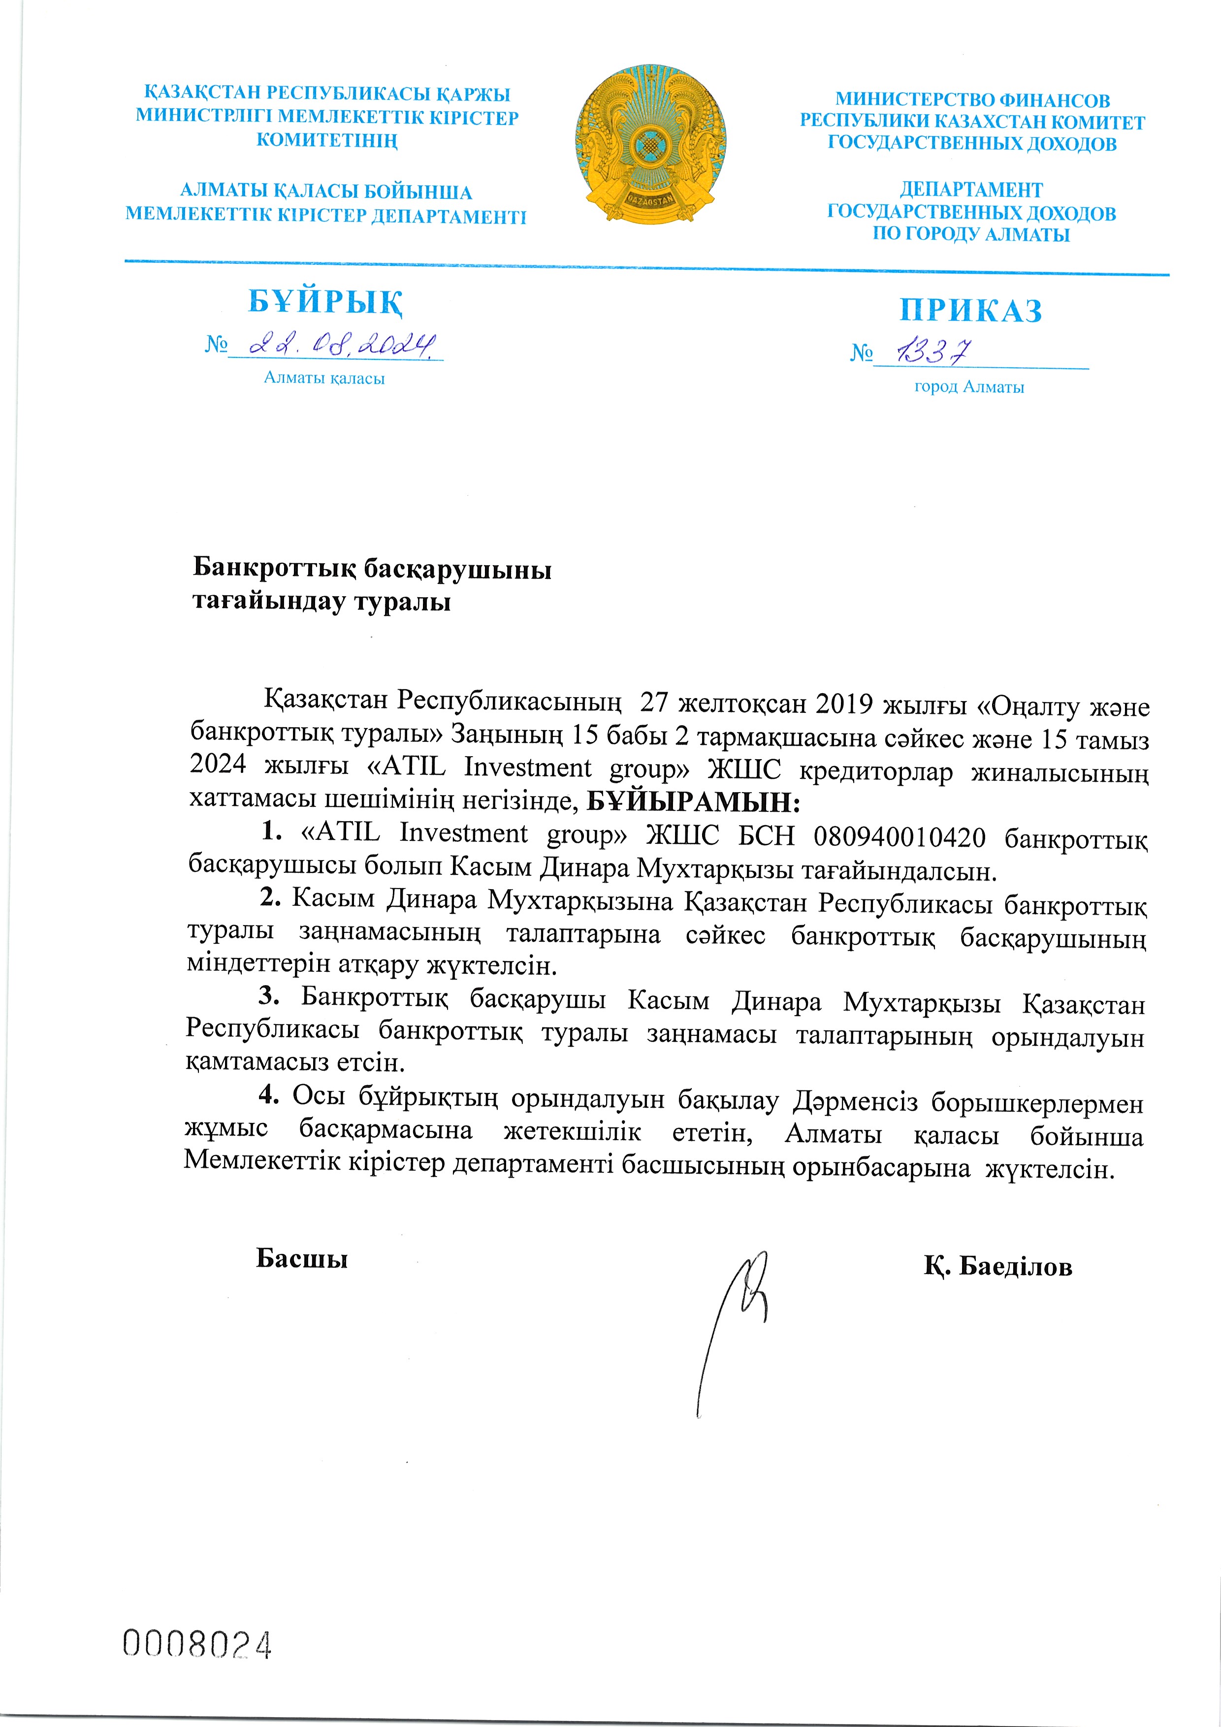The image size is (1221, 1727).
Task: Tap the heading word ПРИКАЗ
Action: click(970, 310)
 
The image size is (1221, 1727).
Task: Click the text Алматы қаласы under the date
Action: click(324, 379)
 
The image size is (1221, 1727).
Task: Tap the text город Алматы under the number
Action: click(969, 387)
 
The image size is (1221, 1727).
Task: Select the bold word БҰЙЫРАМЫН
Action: click(692, 802)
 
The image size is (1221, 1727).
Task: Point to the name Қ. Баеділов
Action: click(997, 1267)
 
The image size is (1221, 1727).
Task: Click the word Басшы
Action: click(302, 1258)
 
